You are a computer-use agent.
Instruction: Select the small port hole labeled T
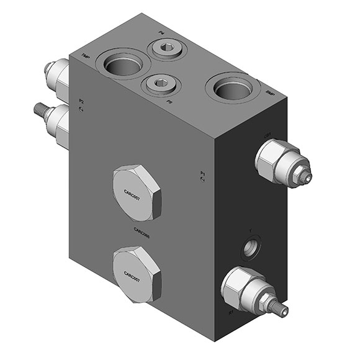(251, 247)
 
